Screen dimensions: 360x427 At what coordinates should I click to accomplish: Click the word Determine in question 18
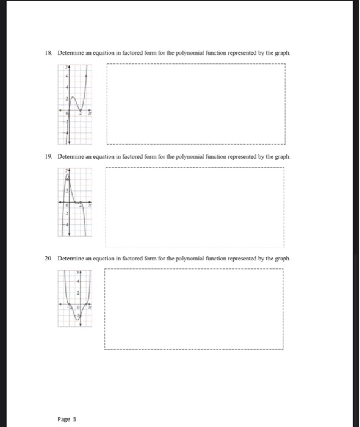point(70,53)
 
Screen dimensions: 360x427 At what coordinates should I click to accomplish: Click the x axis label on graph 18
point(90,113)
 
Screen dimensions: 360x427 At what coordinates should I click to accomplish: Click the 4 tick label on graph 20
point(77,281)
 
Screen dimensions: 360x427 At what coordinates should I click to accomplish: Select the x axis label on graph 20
point(90,307)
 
